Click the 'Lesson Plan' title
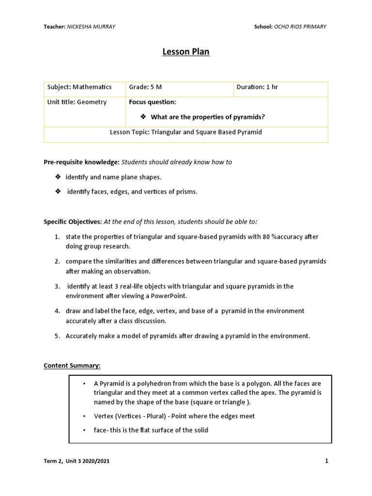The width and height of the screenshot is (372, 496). tap(186, 52)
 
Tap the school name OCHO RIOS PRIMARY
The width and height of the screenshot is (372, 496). tap(300, 27)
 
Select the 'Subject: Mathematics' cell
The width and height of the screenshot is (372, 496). tap(79, 87)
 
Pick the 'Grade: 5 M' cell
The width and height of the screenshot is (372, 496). tap(145, 87)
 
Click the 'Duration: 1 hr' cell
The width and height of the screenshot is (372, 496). tap(257, 87)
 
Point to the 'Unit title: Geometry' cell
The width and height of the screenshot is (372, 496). tap(77, 102)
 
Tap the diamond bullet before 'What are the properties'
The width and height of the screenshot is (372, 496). tap(143, 117)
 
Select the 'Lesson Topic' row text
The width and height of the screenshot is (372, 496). tap(186, 132)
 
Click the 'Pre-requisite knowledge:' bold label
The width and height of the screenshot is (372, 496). tap(81, 162)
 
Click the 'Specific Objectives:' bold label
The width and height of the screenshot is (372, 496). tap(73, 221)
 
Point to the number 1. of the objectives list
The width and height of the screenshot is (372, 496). tap(57, 236)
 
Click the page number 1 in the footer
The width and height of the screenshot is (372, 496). tap(326, 461)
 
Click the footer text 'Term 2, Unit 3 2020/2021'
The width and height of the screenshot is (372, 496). tap(77, 462)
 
